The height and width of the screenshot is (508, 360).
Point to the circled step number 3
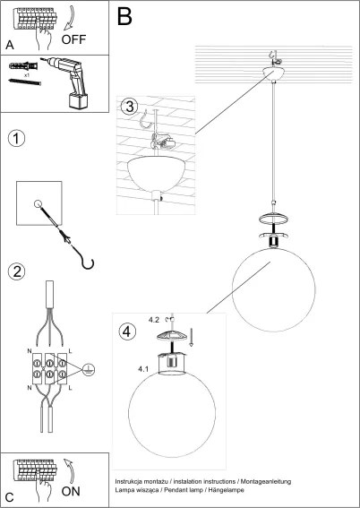pyautogui.click(x=129, y=107)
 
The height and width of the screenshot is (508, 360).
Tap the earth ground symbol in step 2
pyautogui.click(x=88, y=368)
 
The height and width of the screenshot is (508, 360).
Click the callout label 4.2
pyautogui.click(x=153, y=318)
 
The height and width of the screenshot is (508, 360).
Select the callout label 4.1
pyautogui.click(x=144, y=368)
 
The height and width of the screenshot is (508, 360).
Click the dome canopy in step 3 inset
pyautogui.click(x=158, y=170)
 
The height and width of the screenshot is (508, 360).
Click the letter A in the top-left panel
pyautogui.click(x=10, y=44)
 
